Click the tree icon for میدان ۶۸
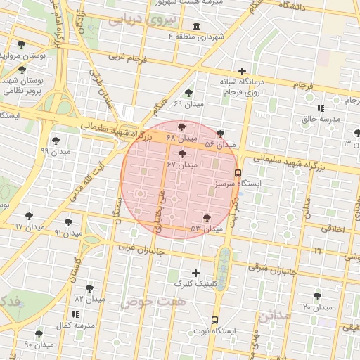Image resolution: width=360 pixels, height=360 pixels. point(182,127)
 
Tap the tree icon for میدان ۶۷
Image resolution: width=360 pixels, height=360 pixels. point(183,153)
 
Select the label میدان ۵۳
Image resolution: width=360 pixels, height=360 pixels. point(206,229)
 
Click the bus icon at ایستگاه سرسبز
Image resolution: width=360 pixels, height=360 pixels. point(238,172)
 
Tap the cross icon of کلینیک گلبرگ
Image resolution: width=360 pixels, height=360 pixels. point(195,273)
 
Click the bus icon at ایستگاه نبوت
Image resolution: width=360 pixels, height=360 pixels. point(215,319)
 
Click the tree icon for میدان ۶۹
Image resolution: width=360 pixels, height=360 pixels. point(188,93)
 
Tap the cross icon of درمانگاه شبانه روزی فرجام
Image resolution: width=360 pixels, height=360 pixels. point(243,70)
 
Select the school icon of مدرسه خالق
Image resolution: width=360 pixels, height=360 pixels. point(321,108)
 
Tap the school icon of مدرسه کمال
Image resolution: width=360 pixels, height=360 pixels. point(75,314)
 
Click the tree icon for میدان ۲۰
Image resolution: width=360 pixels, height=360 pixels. point(317,296)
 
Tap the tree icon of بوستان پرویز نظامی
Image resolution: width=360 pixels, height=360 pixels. point(22,70)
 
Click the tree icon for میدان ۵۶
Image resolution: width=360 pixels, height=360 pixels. point(221,133)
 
